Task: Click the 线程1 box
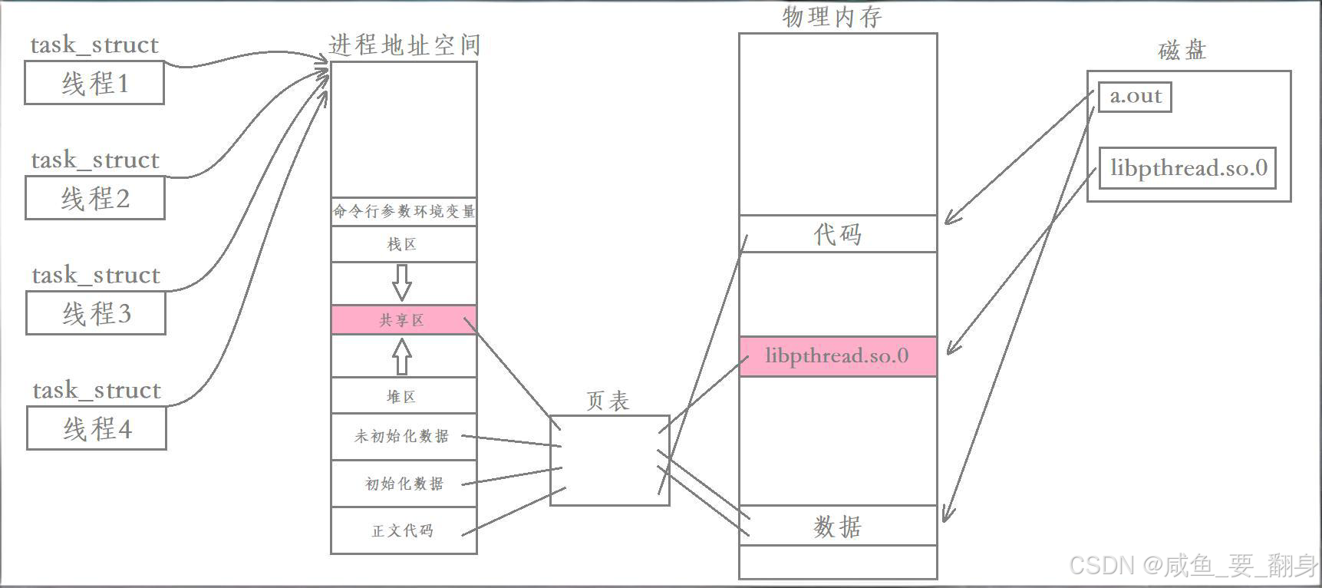coord(94,83)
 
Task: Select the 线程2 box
coord(95,198)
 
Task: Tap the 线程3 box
coord(96,313)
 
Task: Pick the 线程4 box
coord(97,428)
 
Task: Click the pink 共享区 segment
coord(403,320)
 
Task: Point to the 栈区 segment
coord(403,245)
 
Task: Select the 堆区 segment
coord(403,397)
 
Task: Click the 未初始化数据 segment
coord(403,437)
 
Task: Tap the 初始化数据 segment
coord(403,484)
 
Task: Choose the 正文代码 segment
coord(403,530)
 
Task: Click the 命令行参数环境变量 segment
coord(403,211)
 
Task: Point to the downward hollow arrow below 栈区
coord(401,282)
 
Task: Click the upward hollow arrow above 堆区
coord(402,356)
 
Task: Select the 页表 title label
coord(608,401)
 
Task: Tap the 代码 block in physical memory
coord(838,234)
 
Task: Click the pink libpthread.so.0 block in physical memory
coord(838,356)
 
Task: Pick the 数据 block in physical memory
coord(838,527)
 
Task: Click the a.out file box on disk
coord(1135,97)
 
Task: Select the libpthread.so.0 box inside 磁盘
coord(1188,168)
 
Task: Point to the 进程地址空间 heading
coord(404,45)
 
